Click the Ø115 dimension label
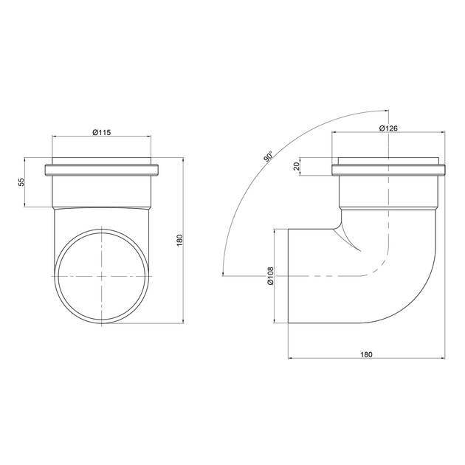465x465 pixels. pos(101,132)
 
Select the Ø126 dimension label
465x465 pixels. pos(388,128)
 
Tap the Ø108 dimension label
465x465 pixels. pos(270,276)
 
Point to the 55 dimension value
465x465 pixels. pos(21,182)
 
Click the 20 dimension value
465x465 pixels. pos(296,166)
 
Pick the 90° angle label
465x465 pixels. pos(268,156)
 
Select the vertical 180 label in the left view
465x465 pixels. pos(180,241)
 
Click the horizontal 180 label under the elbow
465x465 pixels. pos(366,354)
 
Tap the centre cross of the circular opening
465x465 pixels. pos(102,276)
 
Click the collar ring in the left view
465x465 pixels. pos(102,170)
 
